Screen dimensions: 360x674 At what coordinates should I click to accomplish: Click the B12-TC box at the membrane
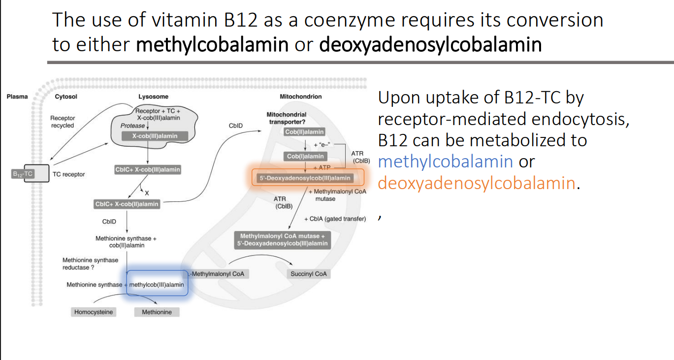pos(23,174)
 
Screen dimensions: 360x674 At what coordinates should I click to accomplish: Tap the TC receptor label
pos(68,174)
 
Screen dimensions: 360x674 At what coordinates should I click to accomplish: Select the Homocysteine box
pos(94,312)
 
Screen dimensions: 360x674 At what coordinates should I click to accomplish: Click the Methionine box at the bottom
pos(157,312)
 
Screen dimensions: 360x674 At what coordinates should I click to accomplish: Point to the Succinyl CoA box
pos(308,274)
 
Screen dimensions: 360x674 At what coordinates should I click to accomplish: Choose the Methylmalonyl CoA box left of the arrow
pos(218,274)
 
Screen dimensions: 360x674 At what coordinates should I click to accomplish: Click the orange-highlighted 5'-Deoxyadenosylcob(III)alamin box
pos(305,178)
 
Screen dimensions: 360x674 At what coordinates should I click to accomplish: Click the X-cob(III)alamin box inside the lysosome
pos(155,136)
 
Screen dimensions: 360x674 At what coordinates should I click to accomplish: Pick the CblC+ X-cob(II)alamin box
pos(127,204)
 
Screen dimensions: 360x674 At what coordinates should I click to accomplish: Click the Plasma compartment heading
pos(17,97)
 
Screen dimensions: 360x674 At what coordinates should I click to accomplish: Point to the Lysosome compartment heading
pos(153,97)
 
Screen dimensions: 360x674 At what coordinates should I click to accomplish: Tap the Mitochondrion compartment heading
pos(300,97)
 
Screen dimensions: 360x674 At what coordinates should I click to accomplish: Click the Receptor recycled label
pos(62,122)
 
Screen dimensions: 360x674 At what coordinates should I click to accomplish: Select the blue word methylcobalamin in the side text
pos(446,162)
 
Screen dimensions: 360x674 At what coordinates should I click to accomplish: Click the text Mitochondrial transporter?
pos(286,118)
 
